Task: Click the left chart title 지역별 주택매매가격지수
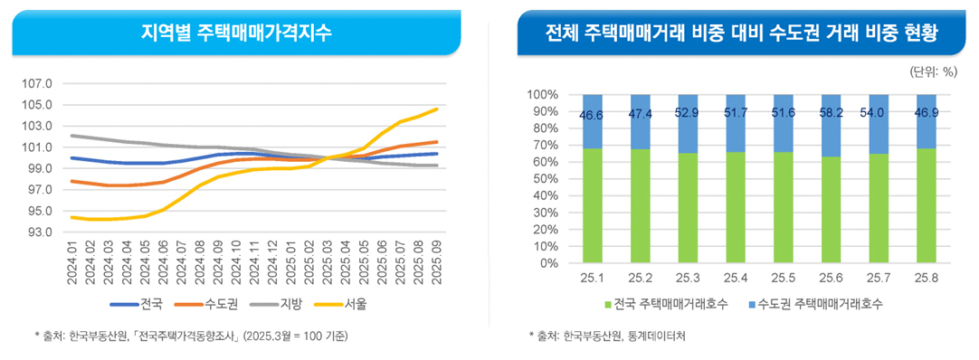237,33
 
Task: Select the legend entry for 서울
369,304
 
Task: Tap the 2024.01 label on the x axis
72,263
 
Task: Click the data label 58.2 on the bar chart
830,114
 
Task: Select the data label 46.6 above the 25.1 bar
593,115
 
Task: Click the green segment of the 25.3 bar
687,208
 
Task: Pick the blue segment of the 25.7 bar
877,124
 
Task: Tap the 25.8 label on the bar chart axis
924,277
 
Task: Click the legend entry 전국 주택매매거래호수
659,304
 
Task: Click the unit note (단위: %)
932,70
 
